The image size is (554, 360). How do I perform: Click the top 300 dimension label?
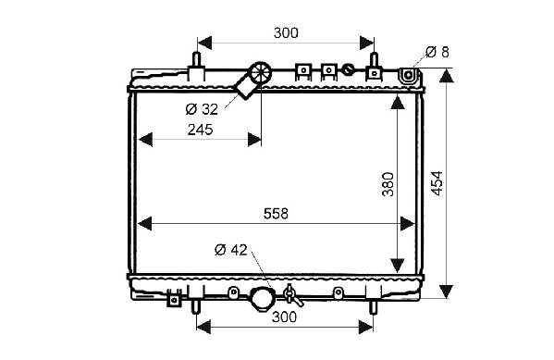[286, 33]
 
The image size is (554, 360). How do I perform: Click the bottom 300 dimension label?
[285, 317]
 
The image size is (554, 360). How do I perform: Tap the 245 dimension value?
[201, 130]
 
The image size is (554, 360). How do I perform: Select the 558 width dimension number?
[276, 214]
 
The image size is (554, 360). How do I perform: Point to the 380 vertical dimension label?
[388, 184]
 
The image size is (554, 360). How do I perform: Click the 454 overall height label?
[437, 183]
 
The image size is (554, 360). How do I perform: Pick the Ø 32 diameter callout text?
[202, 109]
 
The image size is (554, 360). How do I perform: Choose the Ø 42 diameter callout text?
[231, 250]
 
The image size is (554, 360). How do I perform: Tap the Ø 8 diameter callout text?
[437, 52]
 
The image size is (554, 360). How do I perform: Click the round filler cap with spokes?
[261, 72]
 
